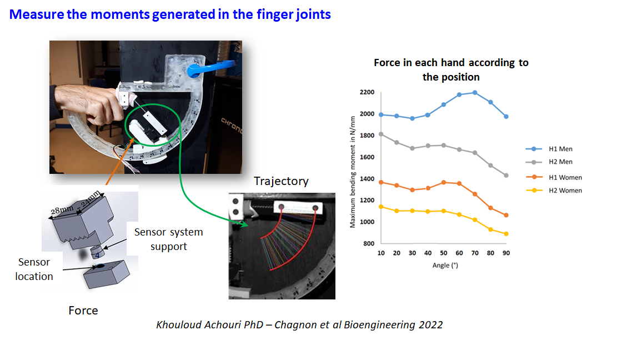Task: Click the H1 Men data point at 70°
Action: coord(475,93)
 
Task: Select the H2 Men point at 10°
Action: coord(381,134)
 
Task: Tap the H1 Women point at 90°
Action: coord(506,215)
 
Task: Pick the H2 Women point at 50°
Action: coord(444,211)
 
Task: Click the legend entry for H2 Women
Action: coord(554,191)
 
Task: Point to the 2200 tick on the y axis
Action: coord(367,92)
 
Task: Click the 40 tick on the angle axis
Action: coord(428,253)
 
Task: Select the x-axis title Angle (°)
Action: coord(445,265)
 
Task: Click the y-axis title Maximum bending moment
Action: coord(352,172)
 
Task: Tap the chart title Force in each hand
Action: coord(451,70)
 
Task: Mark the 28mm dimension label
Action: coord(62,209)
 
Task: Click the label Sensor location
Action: coord(34,269)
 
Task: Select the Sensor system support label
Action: coord(169,239)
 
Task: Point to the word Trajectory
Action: coord(281,181)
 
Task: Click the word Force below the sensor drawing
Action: coord(83,311)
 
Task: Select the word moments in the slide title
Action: coord(120,14)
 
